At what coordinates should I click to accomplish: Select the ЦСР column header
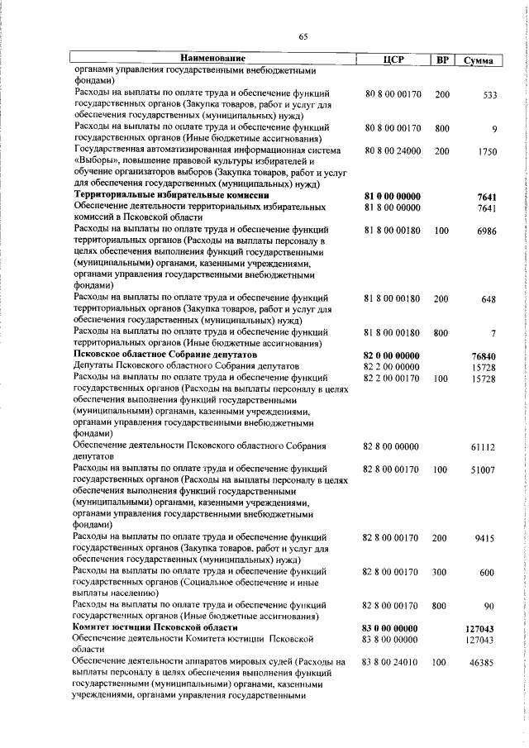click(393, 60)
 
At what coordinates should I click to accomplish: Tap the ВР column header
click(442, 60)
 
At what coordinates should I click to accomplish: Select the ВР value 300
click(440, 573)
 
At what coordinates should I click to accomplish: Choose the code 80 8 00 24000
click(393, 152)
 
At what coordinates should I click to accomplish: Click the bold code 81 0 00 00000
click(393, 196)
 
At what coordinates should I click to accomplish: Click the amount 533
click(489, 95)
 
